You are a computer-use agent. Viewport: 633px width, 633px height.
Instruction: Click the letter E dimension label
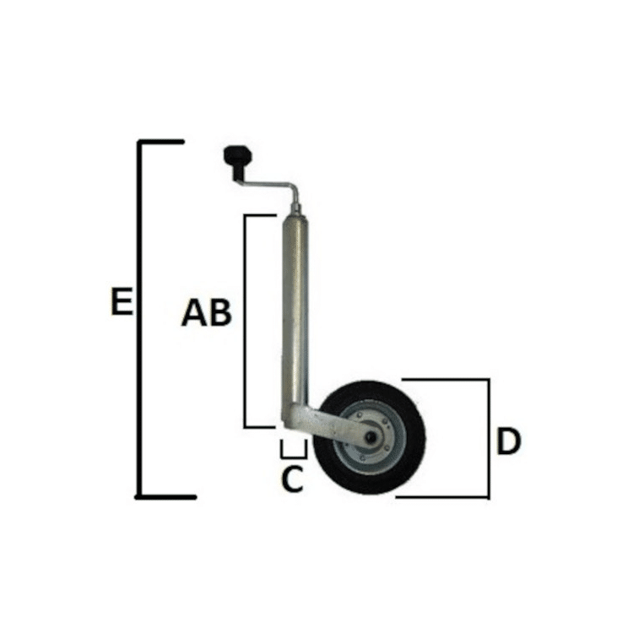pos(122,301)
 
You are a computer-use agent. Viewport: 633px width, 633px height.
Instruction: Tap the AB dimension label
pos(206,312)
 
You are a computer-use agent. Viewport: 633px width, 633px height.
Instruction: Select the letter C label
pos(292,479)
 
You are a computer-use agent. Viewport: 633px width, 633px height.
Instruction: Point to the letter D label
pos(509,441)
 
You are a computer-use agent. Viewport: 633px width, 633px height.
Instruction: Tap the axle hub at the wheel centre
pos(370,437)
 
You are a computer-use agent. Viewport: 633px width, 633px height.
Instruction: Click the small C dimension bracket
pos(294,457)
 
